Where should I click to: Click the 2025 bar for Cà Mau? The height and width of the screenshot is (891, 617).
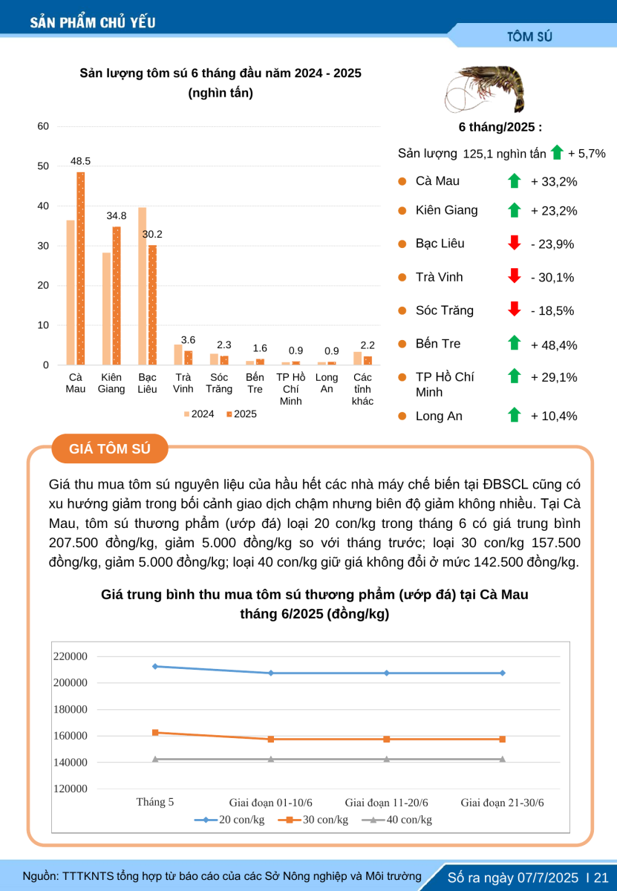(x=81, y=269)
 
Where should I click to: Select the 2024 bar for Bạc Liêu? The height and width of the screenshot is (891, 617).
(x=142, y=286)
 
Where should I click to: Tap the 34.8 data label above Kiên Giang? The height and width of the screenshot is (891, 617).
(x=116, y=215)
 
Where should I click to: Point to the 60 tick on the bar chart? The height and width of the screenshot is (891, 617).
(x=43, y=126)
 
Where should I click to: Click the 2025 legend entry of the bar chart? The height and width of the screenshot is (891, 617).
(x=241, y=414)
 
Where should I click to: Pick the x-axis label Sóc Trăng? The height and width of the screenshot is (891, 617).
(x=219, y=383)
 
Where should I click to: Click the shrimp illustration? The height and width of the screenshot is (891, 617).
(x=485, y=89)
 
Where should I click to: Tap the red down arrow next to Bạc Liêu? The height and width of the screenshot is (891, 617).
(x=515, y=243)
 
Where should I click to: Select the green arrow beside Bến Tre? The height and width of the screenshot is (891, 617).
(x=515, y=343)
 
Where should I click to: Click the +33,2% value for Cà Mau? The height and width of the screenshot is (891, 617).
(x=554, y=182)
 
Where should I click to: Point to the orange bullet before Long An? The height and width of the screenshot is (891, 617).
(x=402, y=416)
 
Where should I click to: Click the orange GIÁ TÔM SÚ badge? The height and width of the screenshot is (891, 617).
(x=110, y=448)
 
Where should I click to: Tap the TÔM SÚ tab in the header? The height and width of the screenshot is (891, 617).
(x=529, y=36)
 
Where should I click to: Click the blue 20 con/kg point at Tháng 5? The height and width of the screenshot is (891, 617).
(x=155, y=666)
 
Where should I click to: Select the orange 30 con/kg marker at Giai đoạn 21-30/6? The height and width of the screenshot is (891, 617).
(x=503, y=739)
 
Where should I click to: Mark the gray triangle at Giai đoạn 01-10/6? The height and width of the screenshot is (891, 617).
(x=271, y=759)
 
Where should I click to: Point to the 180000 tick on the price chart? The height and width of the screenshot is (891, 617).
(x=71, y=709)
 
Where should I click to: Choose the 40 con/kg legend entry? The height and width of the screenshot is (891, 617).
(x=396, y=820)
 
